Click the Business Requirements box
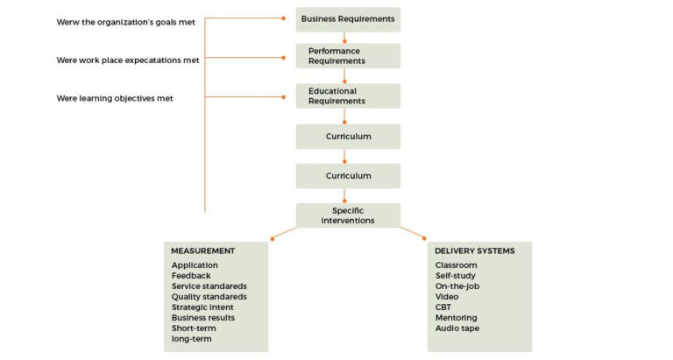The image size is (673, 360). coord(348,18)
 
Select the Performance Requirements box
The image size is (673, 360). coord(348,56)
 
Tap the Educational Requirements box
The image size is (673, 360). coord(348,95)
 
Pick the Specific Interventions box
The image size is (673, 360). coord(348,215)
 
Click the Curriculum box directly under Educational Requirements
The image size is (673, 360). coord(348,137)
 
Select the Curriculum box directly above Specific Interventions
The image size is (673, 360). coord(348,176)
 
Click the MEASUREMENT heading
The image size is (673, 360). coord(203,251)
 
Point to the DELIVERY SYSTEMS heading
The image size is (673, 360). coord(475,251)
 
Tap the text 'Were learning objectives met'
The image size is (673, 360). coord(115,99)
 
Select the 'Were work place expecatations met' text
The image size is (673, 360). coord(127,60)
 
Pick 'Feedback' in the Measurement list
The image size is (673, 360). coord(191,276)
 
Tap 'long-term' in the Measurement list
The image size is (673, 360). coord(191,339)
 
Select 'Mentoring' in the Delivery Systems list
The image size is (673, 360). coord(457,318)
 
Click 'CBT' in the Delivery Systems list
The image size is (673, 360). coord(443,307)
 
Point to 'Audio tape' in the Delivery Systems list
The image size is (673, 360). coord(457,328)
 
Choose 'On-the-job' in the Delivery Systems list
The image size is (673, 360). coord(457,286)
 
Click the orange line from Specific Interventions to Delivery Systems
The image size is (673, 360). coord(414,232)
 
